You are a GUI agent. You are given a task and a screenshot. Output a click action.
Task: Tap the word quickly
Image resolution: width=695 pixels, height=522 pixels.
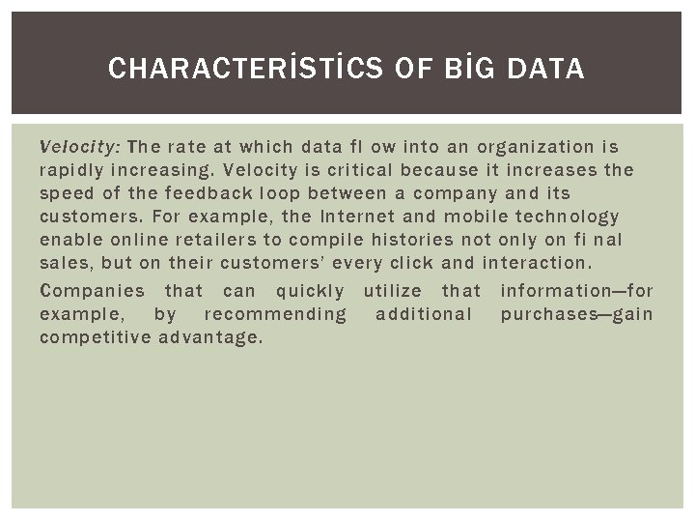[309, 291]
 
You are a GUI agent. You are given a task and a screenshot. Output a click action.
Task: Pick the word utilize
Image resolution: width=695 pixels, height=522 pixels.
[392, 291]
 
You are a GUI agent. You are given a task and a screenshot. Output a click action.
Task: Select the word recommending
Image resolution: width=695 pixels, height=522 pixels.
[275, 314]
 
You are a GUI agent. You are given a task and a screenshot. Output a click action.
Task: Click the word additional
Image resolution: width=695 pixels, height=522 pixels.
[424, 314]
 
